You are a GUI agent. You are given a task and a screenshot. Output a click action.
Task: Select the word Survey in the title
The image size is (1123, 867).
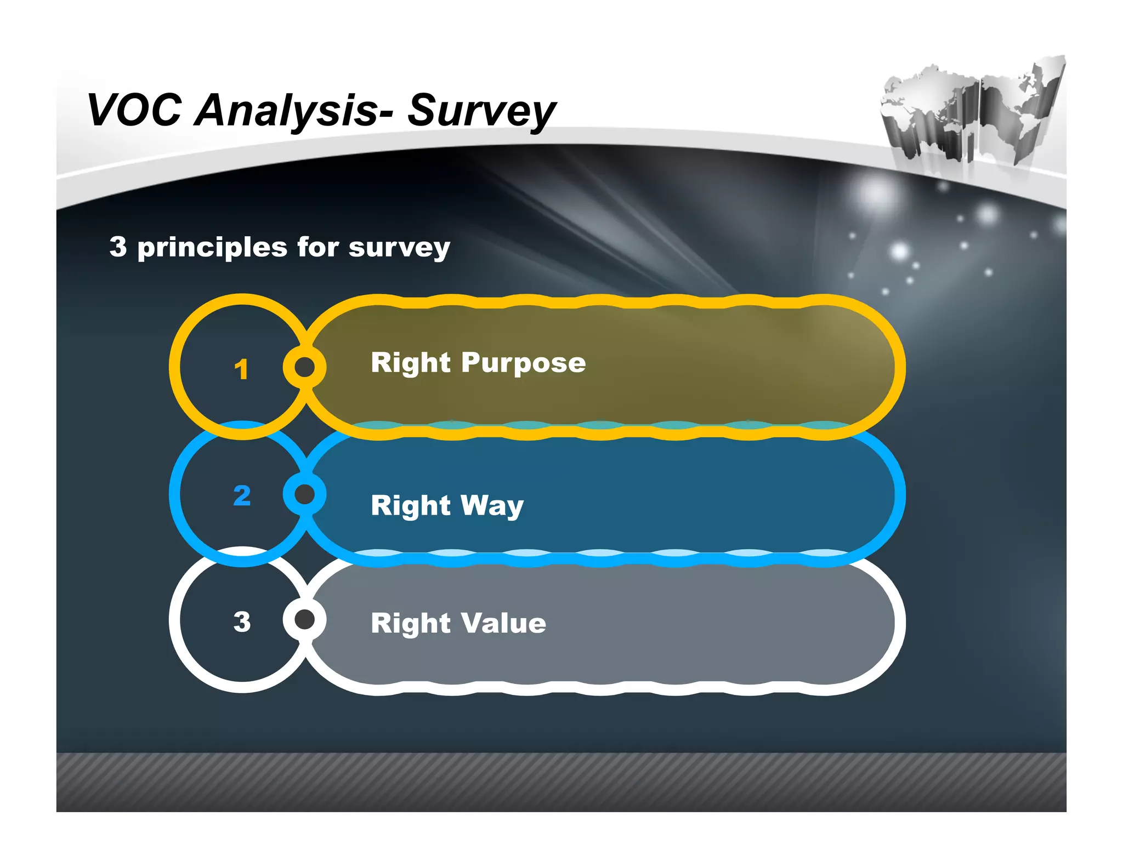pos(481,112)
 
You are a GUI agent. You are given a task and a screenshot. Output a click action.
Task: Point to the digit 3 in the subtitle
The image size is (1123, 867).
pos(118,247)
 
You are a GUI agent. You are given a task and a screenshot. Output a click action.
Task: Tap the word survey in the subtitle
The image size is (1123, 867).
pos(399,248)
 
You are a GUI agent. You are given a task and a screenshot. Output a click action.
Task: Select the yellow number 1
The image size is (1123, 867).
pos(241,369)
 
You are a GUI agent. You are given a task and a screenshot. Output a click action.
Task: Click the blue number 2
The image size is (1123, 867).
pos(242,495)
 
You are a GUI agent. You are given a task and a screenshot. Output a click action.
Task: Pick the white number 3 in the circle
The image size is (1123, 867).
pos(242,621)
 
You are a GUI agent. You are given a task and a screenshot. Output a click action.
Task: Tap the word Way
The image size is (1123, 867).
pos(492,506)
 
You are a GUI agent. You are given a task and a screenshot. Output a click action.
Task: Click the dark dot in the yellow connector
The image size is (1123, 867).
pos(305,367)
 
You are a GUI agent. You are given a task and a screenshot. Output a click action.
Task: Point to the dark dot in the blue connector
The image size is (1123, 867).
pos(305,494)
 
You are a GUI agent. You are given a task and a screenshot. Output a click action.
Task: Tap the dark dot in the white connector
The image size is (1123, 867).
pos(305,620)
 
